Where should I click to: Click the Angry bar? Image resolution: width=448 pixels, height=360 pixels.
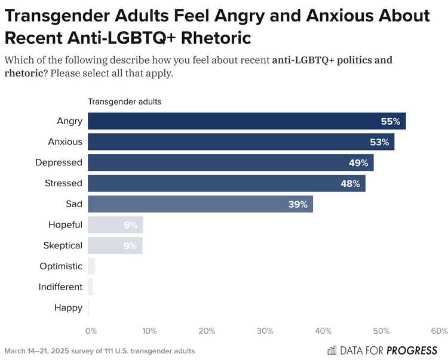247,121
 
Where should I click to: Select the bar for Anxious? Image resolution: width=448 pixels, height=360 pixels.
241,142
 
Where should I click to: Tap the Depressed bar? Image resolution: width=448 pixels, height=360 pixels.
231,162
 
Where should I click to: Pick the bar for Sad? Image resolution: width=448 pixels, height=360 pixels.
200,204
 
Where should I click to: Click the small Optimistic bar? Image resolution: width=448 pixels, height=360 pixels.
91,266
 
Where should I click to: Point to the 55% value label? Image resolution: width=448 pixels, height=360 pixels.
390,121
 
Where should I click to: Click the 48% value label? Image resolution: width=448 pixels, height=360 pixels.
350,184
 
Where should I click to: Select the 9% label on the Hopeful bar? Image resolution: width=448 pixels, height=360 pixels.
130,225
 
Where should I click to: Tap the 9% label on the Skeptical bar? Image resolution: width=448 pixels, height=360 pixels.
130,246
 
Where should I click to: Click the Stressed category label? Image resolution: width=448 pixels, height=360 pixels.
63,184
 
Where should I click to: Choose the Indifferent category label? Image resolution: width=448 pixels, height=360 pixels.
60,287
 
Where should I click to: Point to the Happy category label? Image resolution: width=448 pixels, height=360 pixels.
67,308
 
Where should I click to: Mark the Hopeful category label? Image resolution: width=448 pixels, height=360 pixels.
65,225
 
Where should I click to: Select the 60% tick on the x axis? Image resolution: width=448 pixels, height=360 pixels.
439,331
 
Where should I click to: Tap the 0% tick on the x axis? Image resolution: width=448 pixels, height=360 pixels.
91,331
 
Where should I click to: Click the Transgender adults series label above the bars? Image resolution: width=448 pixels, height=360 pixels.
124,101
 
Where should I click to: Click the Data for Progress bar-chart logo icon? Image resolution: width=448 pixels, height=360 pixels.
332,350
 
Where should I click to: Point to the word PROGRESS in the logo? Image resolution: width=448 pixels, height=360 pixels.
412,350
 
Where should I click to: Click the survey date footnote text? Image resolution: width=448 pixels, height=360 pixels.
99,351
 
